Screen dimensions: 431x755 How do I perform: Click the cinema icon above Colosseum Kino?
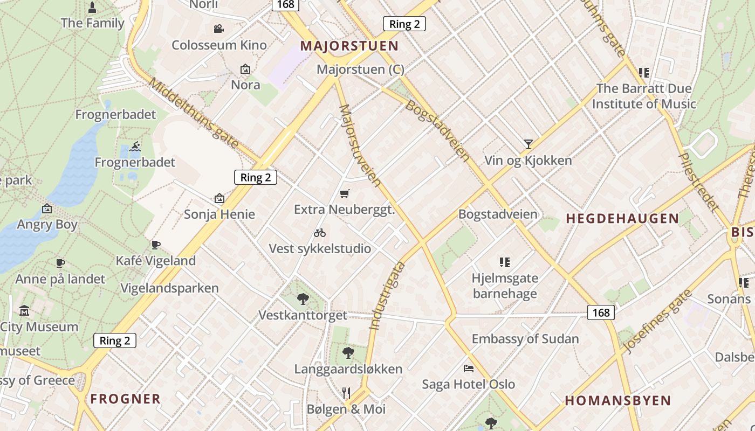(218, 29)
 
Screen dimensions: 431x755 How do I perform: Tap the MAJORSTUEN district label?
(349, 46)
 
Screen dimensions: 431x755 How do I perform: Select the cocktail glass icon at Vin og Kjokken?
(528, 144)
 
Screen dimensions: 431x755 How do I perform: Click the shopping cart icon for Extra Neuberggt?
(345, 193)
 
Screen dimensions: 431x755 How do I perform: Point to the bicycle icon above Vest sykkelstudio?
(320, 233)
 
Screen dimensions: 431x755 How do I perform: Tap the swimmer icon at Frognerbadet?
(135, 147)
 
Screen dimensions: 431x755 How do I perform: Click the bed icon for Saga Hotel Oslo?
(469, 369)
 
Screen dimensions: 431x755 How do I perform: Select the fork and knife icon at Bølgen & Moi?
(346, 393)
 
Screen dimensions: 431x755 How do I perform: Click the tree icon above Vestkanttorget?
(303, 299)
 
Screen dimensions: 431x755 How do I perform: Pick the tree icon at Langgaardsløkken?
(348, 353)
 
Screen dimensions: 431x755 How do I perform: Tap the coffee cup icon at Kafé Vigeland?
(156, 245)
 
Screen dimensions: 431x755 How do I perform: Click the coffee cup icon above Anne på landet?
(60, 263)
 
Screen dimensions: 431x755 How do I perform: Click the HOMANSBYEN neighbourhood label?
(617, 401)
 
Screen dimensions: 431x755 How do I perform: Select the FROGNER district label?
(125, 399)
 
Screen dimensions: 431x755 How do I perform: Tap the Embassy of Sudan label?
(525, 339)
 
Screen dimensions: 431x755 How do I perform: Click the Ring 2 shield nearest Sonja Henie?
(255, 177)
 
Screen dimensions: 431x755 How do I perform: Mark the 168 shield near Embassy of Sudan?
(601, 312)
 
